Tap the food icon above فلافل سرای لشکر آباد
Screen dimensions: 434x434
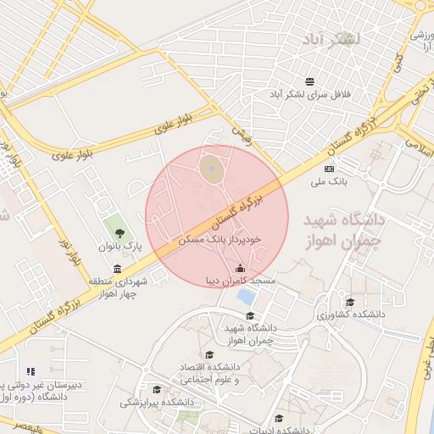[310, 81]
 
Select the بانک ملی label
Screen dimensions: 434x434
[328, 181]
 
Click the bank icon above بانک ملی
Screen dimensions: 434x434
[329, 169]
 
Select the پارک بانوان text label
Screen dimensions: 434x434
[119, 246]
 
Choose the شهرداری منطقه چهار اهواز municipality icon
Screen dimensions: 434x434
[117, 270]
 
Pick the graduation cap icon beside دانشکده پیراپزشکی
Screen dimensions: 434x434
[157, 389]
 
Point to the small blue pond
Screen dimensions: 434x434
[246, 297]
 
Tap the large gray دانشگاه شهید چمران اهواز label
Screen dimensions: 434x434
[344, 230]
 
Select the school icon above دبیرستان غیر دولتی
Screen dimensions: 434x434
[31, 371]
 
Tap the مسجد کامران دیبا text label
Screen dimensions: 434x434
[241, 281]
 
